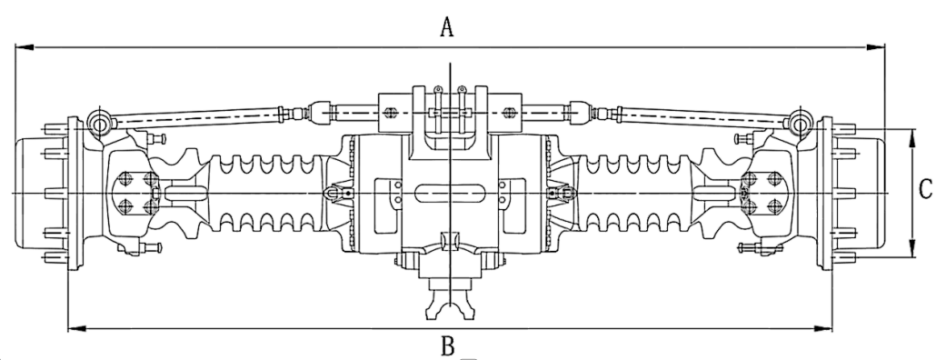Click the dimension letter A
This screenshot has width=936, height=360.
point(447,27)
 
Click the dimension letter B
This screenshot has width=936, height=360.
point(448,346)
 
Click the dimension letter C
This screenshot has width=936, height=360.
point(925,190)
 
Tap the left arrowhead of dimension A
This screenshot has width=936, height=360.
point(25,46)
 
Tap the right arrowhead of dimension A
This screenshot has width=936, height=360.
point(876,46)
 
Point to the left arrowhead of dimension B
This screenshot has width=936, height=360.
point(77,328)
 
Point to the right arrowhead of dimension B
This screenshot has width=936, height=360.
point(822,328)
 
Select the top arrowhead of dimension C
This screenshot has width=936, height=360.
point(912,138)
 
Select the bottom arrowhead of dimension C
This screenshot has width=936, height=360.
point(912,248)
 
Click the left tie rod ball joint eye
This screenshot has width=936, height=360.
point(99,123)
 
